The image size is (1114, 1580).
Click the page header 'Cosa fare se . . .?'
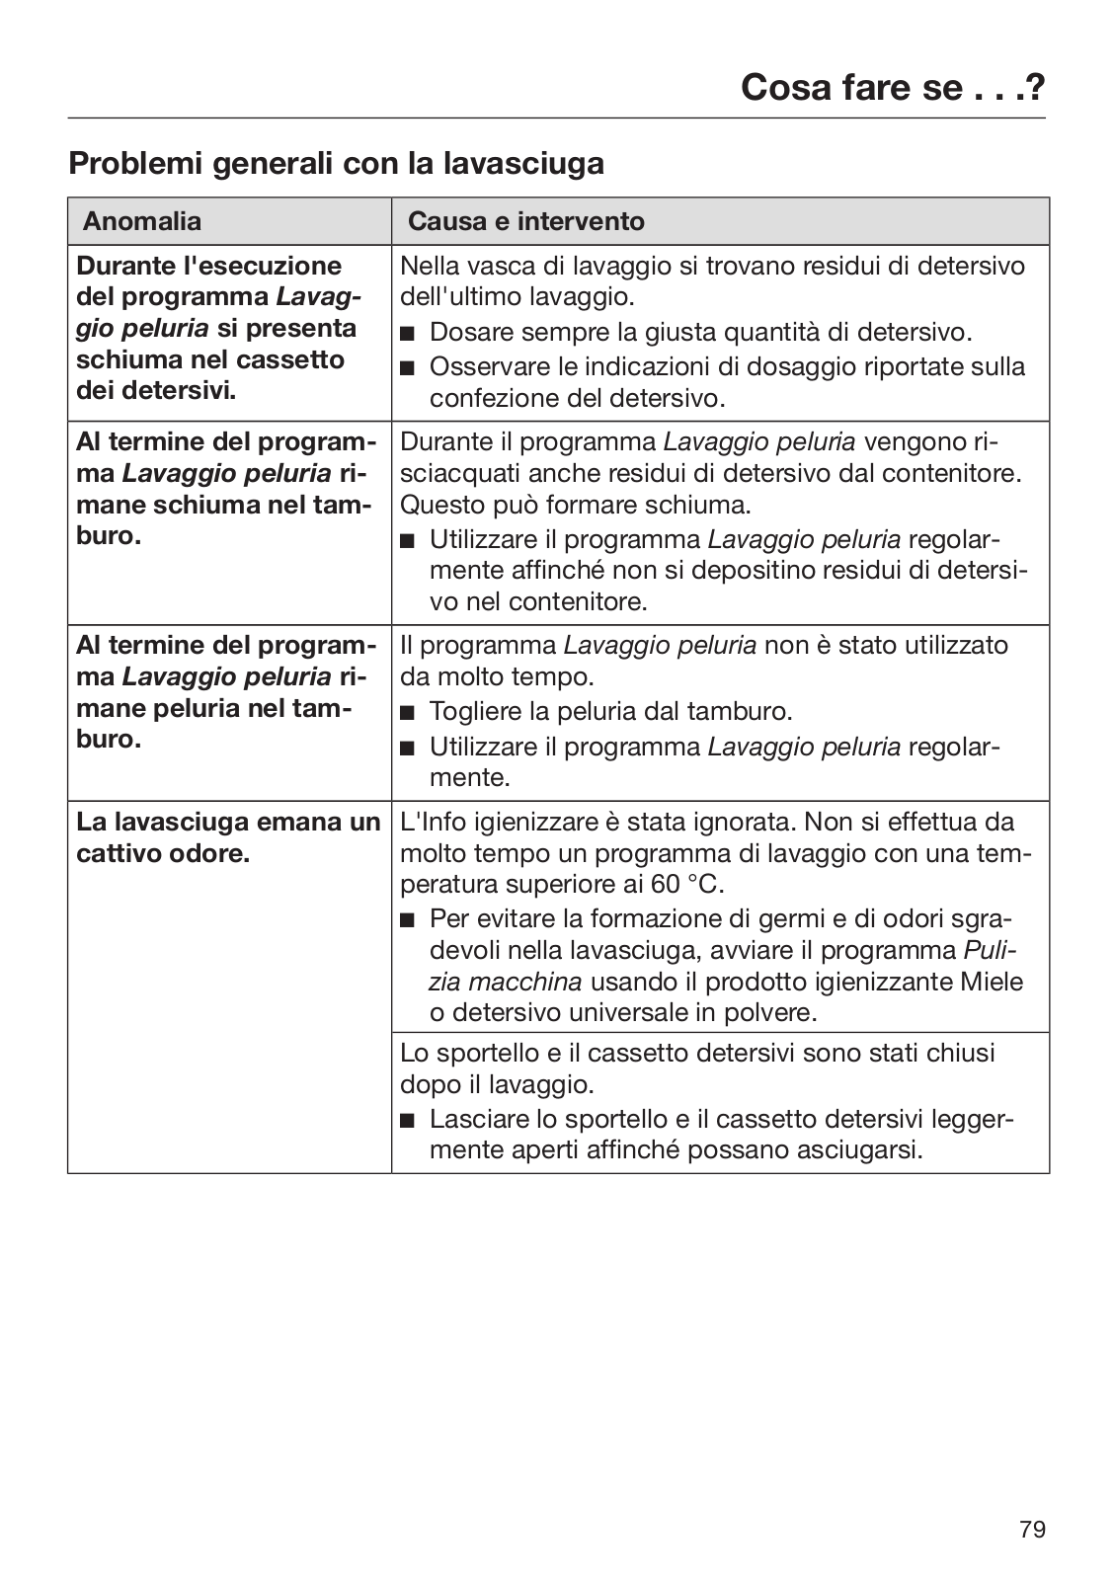[x=892, y=88]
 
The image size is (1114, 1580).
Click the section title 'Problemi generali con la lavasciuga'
[x=336, y=163]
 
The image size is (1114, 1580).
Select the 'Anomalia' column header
[x=142, y=221]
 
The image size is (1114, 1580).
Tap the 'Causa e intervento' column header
[x=525, y=221]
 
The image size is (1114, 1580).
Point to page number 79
[x=1032, y=1530]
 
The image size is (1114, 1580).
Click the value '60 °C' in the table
[x=685, y=885]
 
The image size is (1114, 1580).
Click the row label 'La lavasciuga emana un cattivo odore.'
[x=228, y=837]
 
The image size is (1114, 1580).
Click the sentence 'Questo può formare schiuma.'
[x=575, y=506]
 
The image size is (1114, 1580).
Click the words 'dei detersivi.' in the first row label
[x=156, y=391]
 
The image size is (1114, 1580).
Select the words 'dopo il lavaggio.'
[x=497, y=1084]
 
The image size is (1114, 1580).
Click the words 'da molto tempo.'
[x=497, y=677]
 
